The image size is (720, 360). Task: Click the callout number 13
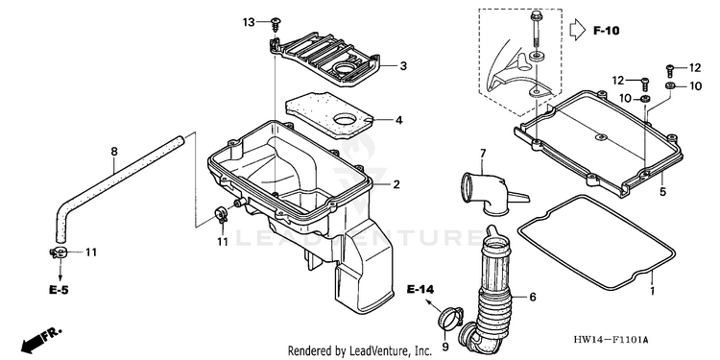(x=249, y=22)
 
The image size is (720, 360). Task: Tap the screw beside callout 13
(x=276, y=23)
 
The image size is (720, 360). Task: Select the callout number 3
(x=402, y=66)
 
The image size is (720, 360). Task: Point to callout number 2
(x=396, y=184)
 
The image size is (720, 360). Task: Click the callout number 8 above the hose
(x=114, y=152)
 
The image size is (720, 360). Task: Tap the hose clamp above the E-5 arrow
(x=59, y=252)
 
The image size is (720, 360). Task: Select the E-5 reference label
(x=60, y=290)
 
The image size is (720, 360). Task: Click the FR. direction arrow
(x=40, y=340)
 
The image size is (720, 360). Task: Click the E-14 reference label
(x=420, y=289)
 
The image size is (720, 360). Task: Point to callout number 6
(x=533, y=297)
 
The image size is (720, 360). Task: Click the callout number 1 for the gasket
(x=653, y=291)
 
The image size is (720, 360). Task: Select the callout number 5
(x=662, y=192)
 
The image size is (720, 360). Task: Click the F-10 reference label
(x=606, y=31)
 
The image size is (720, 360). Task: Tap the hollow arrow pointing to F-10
(x=578, y=30)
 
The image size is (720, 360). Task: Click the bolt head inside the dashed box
(x=537, y=16)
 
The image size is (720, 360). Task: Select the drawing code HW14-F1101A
(x=611, y=340)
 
